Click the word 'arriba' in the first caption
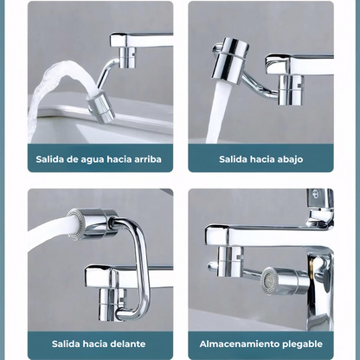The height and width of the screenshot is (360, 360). point(148,159)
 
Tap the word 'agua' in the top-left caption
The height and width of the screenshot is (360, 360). point(91,160)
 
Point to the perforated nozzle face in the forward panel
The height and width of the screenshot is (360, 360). point(74,225)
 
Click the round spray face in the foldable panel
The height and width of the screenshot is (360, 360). point(269,281)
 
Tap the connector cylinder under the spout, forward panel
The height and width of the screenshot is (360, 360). point(111,304)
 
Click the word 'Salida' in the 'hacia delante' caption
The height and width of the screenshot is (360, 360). point(66,344)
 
